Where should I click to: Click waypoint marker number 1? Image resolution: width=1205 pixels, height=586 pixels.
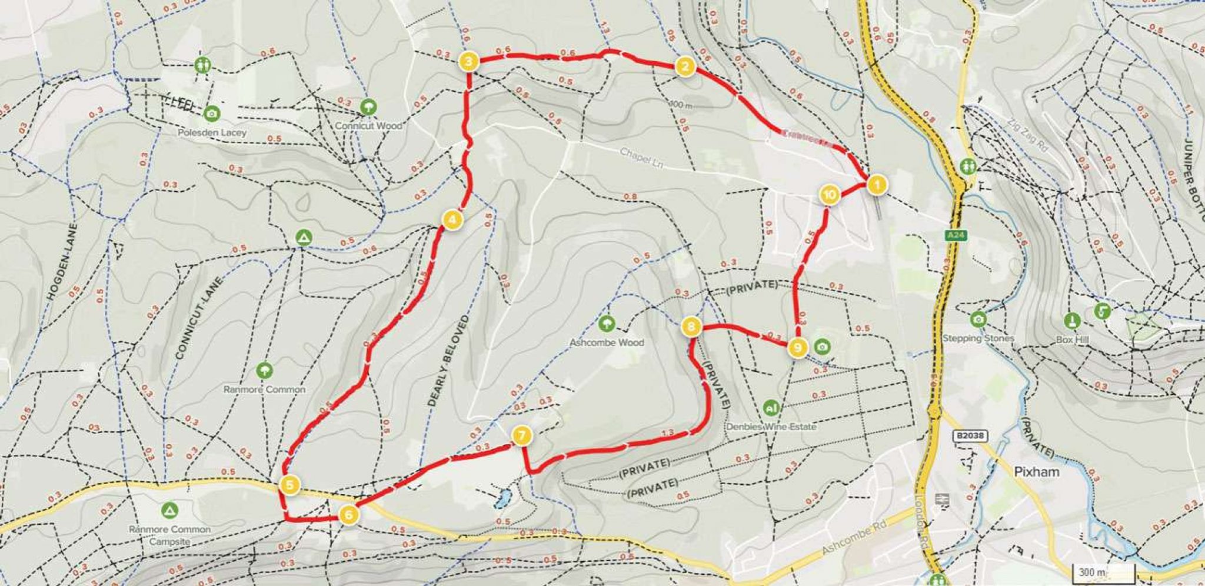pyautogui.click(x=876, y=185)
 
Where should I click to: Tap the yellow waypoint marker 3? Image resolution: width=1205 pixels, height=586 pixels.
pyautogui.click(x=467, y=62)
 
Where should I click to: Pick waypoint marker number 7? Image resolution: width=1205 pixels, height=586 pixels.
pyautogui.click(x=522, y=436)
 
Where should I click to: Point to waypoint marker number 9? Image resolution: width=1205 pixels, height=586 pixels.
pyautogui.click(x=797, y=348)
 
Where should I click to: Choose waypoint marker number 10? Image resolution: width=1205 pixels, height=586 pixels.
pyautogui.click(x=830, y=194)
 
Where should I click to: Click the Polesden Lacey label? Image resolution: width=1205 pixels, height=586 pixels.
pyautogui.click(x=212, y=133)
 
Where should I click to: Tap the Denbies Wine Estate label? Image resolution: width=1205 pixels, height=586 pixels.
pyautogui.click(x=771, y=427)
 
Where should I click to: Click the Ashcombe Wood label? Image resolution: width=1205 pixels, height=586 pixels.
pyautogui.click(x=607, y=342)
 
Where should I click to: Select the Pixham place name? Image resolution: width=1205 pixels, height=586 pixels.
pyautogui.click(x=1037, y=472)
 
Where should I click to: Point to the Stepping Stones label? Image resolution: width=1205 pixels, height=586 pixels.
pyautogui.click(x=978, y=338)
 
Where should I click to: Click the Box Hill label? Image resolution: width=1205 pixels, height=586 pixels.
pyautogui.click(x=1072, y=339)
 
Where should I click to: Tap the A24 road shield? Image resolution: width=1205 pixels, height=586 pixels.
pyautogui.click(x=956, y=235)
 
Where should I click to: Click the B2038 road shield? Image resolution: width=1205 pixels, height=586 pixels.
pyautogui.click(x=970, y=436)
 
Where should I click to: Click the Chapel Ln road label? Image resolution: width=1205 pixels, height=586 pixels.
pyautogui.click(x=641, y=158)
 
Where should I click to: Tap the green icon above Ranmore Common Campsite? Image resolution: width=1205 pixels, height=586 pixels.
pyautogui.click(x=169, y=509)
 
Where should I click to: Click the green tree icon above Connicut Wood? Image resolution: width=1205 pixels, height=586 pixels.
pyautogui.click(x=368, y=108)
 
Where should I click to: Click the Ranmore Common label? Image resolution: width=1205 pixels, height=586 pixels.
pyautogui.click(x=264, y=389)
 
